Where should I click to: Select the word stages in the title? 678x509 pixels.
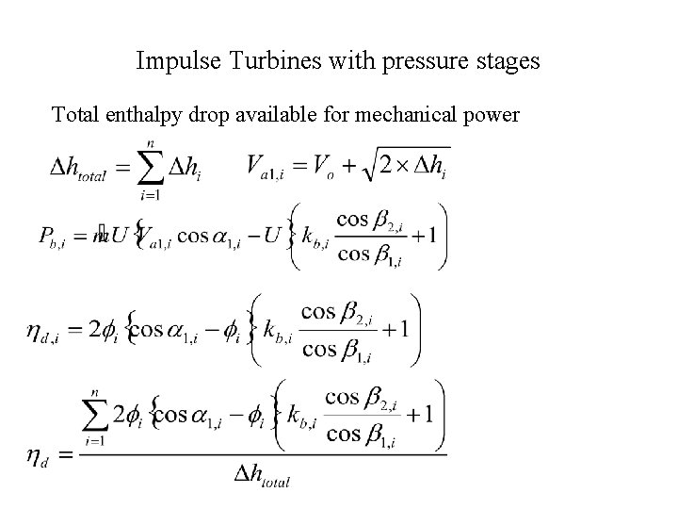[505, 62]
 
